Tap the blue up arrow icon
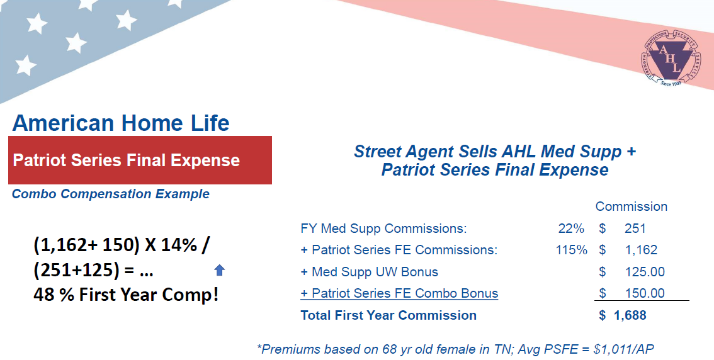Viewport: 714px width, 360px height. tap(220, 271)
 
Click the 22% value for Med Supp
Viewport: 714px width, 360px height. tap(571, 228)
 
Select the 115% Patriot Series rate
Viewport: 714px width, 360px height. tap(572, 250)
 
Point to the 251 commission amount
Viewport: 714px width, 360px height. tap(635, 228)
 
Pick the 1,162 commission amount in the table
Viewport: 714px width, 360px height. tap(641, 250)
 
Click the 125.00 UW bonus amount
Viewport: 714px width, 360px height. tap(645, 272)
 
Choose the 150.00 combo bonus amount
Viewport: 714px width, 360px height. tap(645, 293)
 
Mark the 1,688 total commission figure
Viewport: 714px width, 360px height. tap(630, 315)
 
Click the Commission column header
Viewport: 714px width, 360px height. tap(631, 206)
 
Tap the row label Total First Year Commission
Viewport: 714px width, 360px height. tap(388, 315)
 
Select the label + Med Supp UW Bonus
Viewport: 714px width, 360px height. tap(370, 272)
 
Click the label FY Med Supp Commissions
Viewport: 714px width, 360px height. tap(383, 228)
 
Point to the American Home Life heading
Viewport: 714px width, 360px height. tap(121, 123)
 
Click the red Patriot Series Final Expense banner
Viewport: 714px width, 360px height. tap(140, 160)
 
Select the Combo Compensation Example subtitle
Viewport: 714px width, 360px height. tap(111, 194)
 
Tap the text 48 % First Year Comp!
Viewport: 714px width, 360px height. tap(126, 295)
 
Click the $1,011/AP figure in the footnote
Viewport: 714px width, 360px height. tap(625, 349)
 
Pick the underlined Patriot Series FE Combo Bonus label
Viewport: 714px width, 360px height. tap(399, 293)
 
